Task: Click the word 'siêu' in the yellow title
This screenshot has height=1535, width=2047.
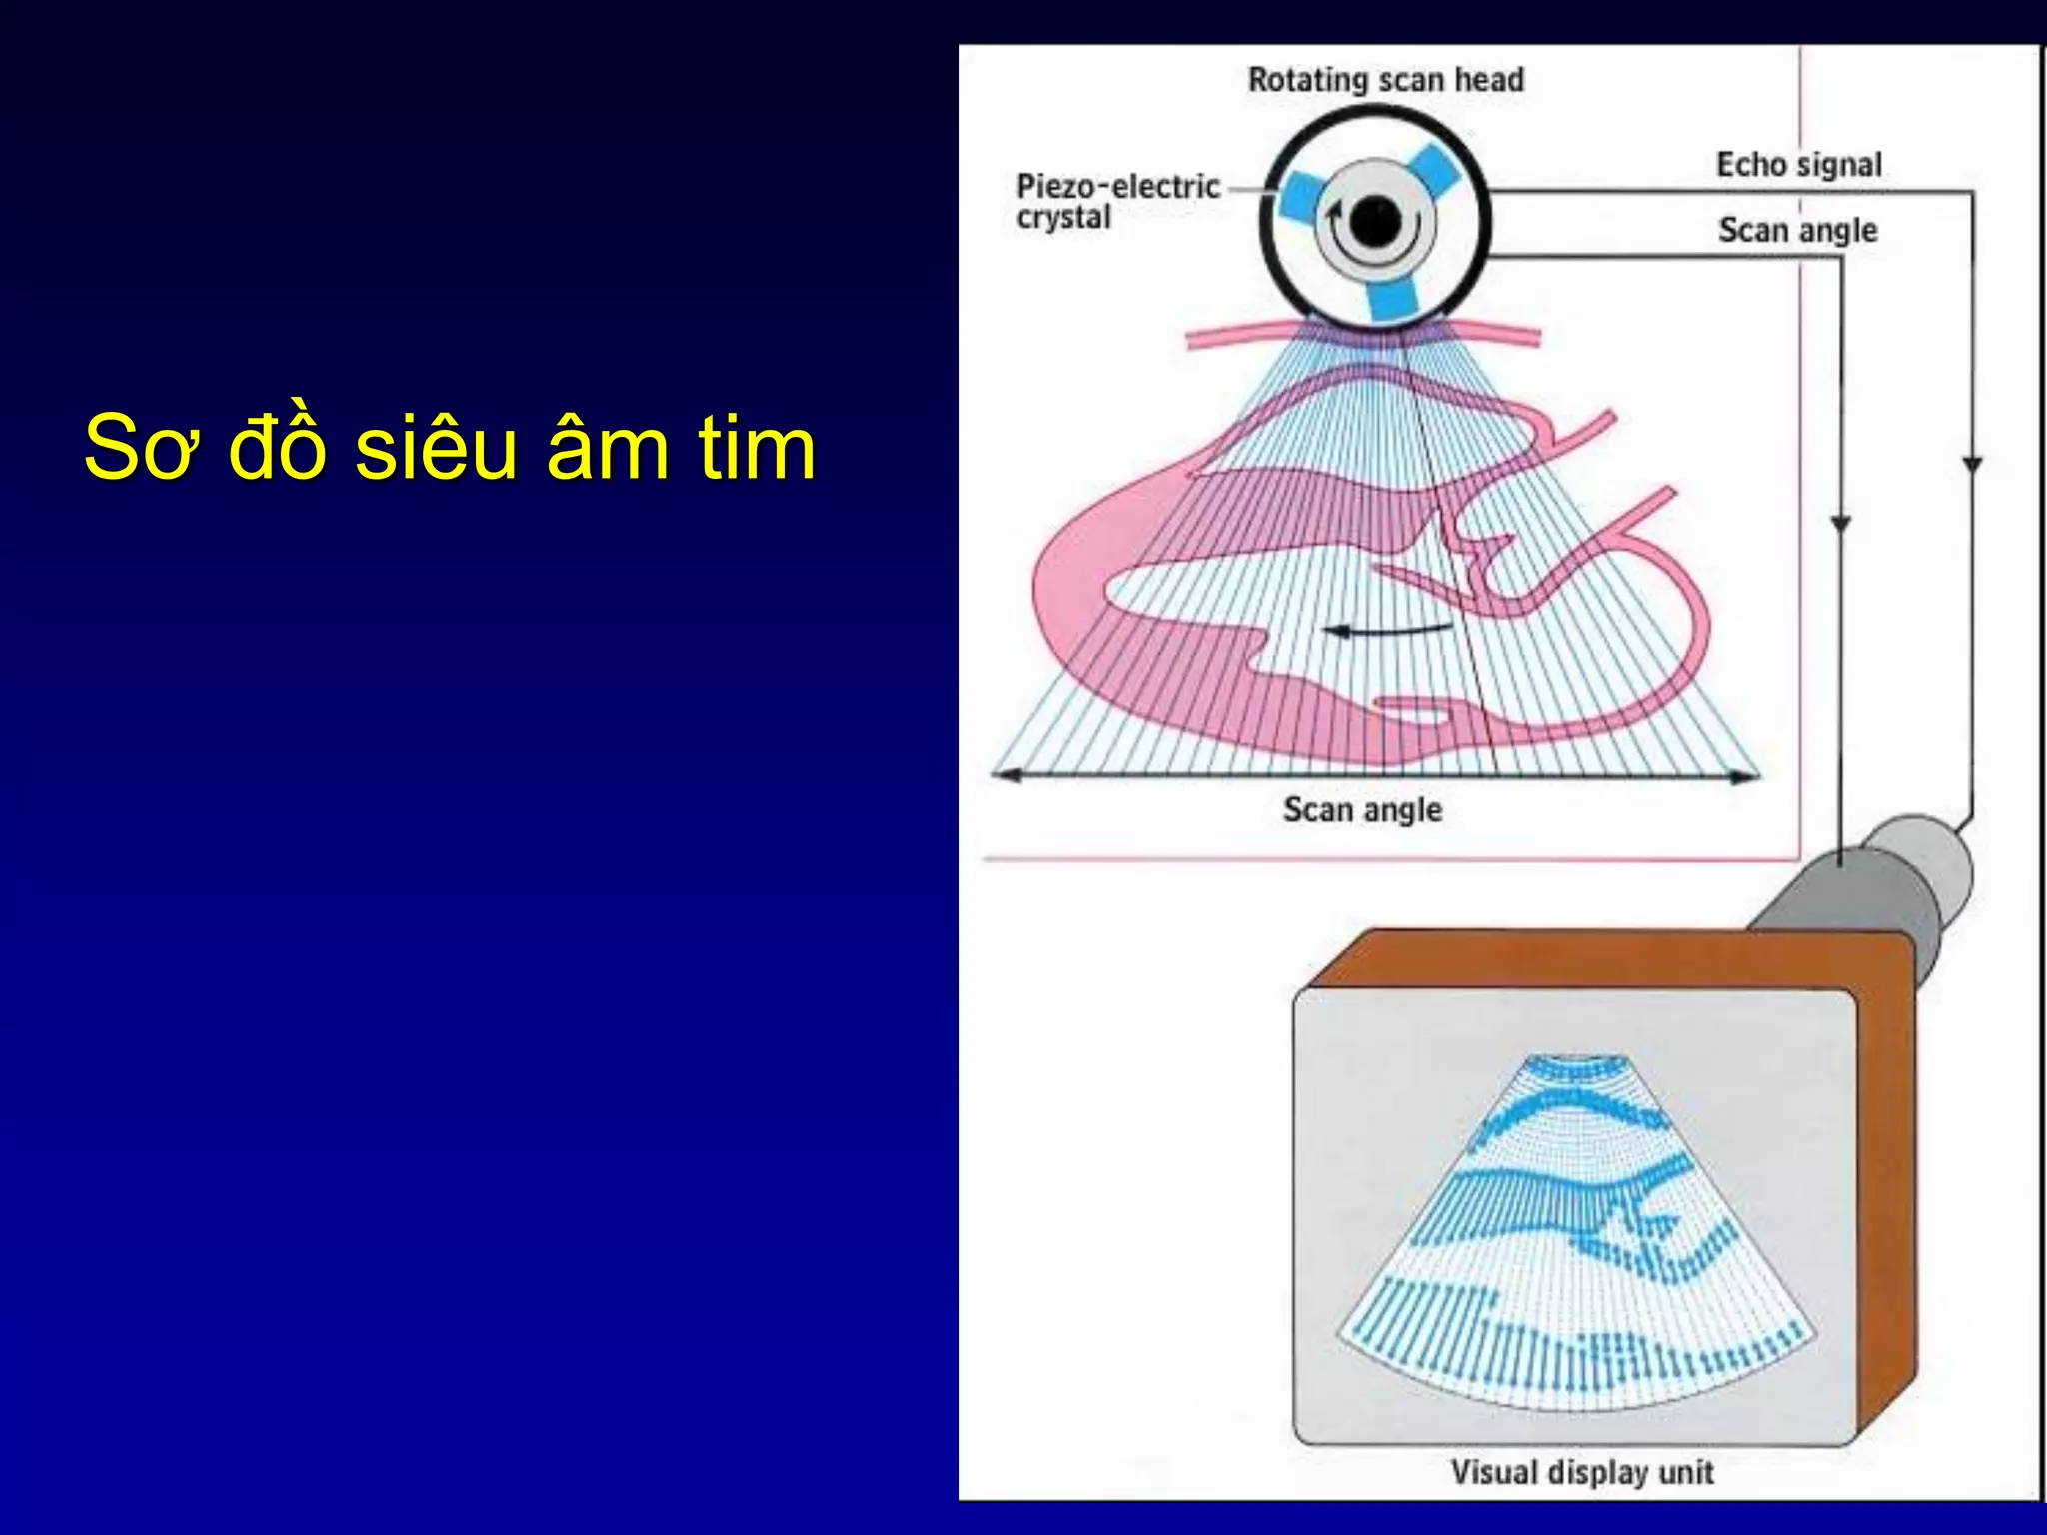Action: [x=435, y=447]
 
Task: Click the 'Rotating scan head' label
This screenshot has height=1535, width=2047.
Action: [x=1385, y=80]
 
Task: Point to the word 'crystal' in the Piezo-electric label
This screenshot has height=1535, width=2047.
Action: [x=1063, y=217]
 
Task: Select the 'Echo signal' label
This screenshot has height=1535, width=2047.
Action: [x=1798, y=164]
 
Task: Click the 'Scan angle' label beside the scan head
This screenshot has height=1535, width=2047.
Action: [x=1797, y=230]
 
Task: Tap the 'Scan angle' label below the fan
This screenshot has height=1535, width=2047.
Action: [x=1362, y=809]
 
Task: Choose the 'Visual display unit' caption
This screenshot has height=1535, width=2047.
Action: [x=1581, y=1472]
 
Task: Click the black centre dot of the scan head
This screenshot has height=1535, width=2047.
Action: [x=1375, y=221]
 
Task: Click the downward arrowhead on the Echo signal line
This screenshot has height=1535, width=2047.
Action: [x=1971, y=466]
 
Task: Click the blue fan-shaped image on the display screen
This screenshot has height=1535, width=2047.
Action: [x=1577, y=1239]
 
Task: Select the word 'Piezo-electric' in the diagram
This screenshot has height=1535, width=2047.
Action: [x=1117, y=186]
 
